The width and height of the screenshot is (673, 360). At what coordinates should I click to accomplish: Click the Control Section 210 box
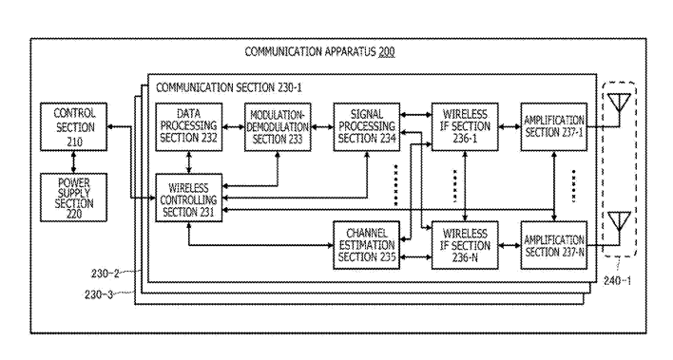pyautogui.click(x=73, y=126)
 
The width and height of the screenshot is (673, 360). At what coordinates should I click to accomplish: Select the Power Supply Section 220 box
pyautogui.click(x=73, y=198)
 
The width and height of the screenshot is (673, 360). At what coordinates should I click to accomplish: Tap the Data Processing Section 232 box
pyautogui.click(x=189, y=126)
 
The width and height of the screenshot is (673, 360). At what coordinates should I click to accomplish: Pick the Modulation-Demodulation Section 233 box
pyautogui.click(x=278, y=126)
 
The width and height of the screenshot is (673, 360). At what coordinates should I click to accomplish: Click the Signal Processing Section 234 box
pyautogui.click(x=367, y=126)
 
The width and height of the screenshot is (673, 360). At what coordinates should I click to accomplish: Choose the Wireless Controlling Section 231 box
pyautogui.click(x=189, y=198)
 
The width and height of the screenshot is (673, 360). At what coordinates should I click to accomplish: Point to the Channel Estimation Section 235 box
pyautogui.click(x=367, y=245)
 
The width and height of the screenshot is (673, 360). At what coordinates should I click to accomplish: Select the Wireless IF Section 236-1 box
pyautogui.click(x=465, y=126)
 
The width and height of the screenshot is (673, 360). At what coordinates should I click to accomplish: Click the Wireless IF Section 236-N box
pyautogui.click(x=465, y=245)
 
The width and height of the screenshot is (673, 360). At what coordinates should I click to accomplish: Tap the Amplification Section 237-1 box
pyautogui.click(x=554, y=126)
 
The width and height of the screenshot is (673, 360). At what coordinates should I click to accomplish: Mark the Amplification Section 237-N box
pyautogui.click(x=554, y=245)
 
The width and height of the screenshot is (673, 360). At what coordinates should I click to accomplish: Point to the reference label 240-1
pyautogui.click(x=618, y=281)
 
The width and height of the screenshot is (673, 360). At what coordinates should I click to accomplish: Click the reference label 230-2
pyautogui.click(x=105, y=273)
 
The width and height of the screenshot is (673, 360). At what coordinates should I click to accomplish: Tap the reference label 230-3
pyautogui.click(x=98, y=294)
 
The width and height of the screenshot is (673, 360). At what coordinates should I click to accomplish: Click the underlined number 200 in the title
pyautogui.click(x=386, y=52)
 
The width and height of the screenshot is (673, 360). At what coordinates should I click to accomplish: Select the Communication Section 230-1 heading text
pyautogui.click(x=229, y=87)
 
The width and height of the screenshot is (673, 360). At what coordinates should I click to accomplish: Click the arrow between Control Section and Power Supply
pyautogui.click(x=73, y=162)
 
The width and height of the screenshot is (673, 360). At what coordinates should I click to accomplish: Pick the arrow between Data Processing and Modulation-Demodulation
pyautogui.click(x=234, y=127)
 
